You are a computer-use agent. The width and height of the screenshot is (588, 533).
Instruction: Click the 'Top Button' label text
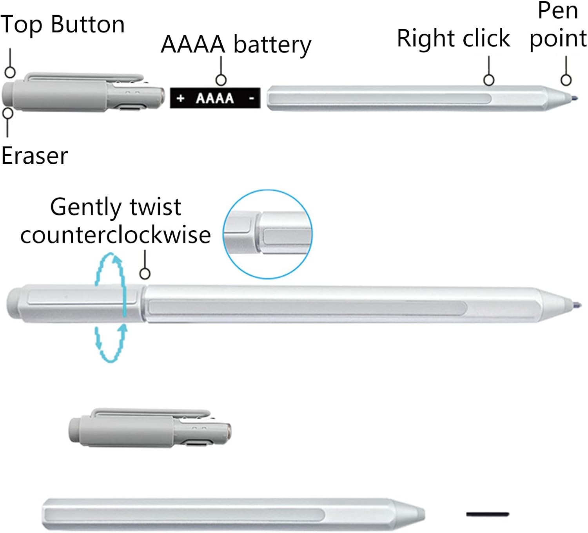click(63, 24)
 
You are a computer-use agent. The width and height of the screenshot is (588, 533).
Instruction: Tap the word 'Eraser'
click(34, 156)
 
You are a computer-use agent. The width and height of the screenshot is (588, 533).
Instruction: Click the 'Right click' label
click(453, 38)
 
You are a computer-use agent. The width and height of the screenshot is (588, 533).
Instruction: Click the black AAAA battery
click(215, 98)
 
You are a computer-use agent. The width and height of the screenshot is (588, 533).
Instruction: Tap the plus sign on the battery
click(180, 98)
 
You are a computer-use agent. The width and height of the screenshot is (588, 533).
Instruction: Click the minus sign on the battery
click(252, 98)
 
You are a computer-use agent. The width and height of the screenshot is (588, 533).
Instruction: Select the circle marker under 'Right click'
click(489, 80)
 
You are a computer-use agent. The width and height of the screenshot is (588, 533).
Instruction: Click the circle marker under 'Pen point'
click(566, 80)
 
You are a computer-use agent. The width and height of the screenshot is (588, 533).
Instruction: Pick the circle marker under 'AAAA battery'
click(221, 80)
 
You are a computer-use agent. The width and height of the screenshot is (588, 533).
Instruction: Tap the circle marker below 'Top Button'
click(10, 72)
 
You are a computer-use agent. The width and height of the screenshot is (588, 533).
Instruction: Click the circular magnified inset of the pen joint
click(268, 234)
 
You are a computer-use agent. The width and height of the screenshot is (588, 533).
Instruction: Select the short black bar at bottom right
click(487, 514)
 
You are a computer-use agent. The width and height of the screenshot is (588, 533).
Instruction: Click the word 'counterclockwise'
click(116, 235)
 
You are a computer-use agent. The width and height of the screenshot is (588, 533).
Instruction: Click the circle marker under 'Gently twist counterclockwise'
click(145, 273)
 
